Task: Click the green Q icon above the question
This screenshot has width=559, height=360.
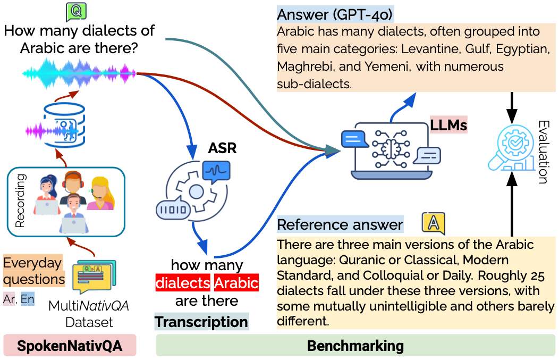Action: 75,11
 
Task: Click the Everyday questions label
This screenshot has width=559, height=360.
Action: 33,271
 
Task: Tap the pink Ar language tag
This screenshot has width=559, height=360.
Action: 9,299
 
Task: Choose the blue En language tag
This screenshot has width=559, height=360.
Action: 27,299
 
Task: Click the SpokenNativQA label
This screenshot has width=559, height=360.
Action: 70,346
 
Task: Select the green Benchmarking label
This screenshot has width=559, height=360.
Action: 355,346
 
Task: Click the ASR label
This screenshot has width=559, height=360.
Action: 222,148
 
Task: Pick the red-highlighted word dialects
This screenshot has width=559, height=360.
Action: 183,282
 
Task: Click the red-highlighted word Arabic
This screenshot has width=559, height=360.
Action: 236,282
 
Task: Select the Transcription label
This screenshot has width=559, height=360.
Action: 201,322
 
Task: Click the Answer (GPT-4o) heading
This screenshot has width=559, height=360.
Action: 335,14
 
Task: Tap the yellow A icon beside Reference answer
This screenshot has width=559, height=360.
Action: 433,224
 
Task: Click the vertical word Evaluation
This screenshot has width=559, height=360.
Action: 542,152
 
